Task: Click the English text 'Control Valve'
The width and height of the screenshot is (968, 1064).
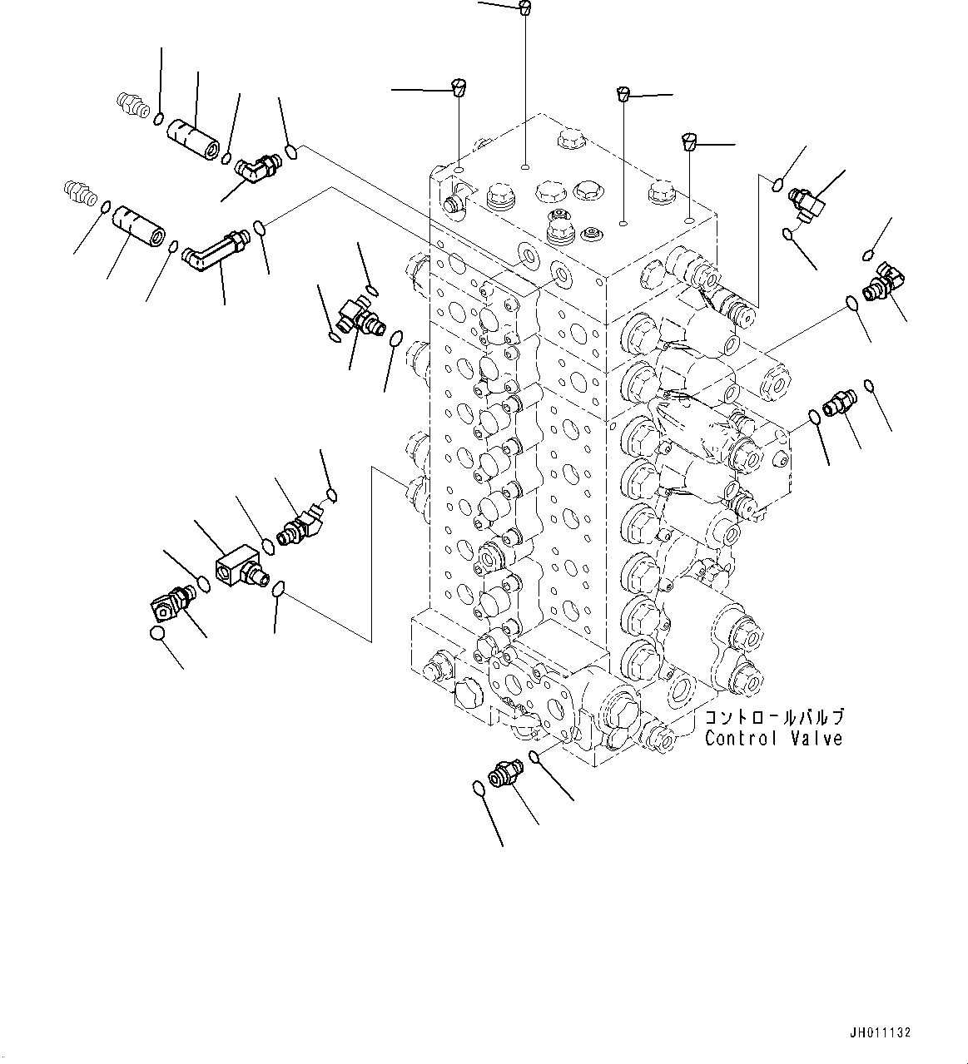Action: (773, 739)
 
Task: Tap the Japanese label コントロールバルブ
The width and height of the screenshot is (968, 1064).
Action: (773, 717)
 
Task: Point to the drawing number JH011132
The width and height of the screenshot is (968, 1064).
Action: (881, 1032)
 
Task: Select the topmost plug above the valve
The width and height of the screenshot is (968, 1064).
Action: (524, 8)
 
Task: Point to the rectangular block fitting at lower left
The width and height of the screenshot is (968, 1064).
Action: (240, 572)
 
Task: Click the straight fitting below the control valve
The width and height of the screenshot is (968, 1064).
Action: (504, 774)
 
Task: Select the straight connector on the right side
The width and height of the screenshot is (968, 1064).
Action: (836, 406)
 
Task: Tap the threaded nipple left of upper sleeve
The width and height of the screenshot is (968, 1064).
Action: (128, 102)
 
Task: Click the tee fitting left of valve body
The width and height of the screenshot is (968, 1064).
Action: (358, 316)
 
